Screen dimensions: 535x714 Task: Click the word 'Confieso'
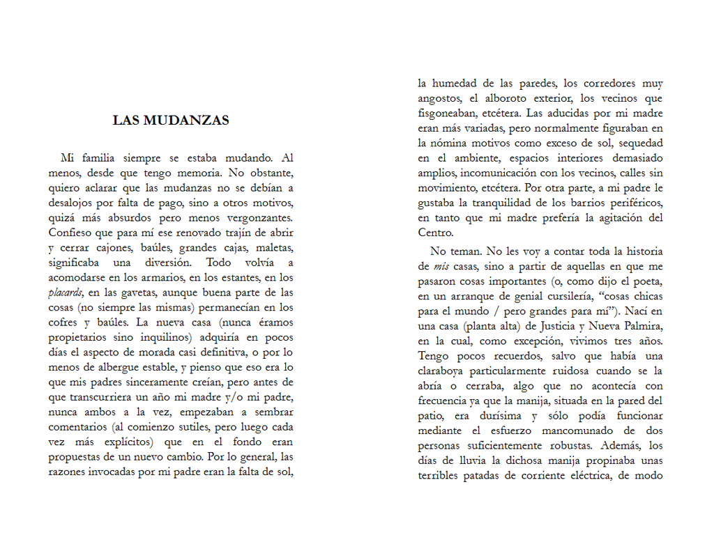(70, 233)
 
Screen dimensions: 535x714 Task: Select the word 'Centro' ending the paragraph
(435, 233)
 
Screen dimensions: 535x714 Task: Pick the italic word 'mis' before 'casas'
(440, 266)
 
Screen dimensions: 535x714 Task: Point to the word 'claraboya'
(443, 371)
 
